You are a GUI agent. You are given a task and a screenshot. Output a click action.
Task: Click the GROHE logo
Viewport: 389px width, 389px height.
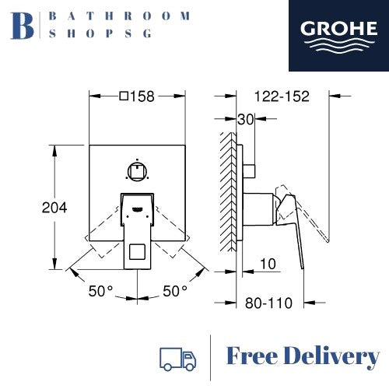coord(338,36)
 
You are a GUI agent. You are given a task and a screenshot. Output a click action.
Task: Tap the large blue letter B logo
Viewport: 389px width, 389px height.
coord(22,26)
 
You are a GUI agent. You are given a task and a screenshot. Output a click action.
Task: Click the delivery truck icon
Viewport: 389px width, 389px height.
coord(177,359)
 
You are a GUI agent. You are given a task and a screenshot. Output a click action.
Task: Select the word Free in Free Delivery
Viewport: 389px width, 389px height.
coord(252,356)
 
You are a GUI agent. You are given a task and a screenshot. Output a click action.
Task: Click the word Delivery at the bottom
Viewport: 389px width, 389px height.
coord(332,357)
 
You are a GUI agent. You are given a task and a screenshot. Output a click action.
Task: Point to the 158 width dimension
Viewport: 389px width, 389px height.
coord(142,96)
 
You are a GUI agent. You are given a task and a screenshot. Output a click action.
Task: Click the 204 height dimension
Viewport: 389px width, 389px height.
coord(54,208)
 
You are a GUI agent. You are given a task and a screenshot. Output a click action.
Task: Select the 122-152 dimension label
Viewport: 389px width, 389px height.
coord(282,96)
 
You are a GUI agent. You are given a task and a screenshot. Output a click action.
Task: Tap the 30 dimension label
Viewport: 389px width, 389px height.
coord(245,120)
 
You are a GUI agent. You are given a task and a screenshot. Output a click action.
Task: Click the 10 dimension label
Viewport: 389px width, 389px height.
coord(268,264)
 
